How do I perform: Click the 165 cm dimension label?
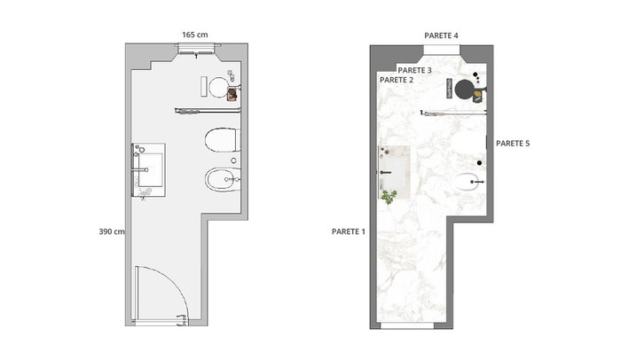(x=195, y=35)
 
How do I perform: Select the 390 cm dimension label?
(x=112, y=231)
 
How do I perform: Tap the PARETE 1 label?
(x=349, y=231)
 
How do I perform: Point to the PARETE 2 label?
(x=397, y=80)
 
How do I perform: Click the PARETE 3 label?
(x=414, y=71)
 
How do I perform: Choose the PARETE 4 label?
(x=441, y=35)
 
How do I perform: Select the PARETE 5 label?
(x=513, y=144)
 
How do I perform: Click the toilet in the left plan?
(x=223, y=140)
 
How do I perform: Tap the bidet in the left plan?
(x=223, y=180)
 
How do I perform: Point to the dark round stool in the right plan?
(x=464, y=89)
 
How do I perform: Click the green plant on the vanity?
(x=389, y=197)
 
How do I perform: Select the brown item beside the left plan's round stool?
(x=232, y=94)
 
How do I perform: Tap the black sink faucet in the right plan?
(x=385, y=172)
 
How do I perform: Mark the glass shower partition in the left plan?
(x=208, y=111)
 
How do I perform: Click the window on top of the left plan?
(x=197, y=48)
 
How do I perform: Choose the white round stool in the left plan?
(x=218, y=87)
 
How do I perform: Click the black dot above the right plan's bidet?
(x=479, y=163)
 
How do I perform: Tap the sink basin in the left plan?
(x=151, y=170)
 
